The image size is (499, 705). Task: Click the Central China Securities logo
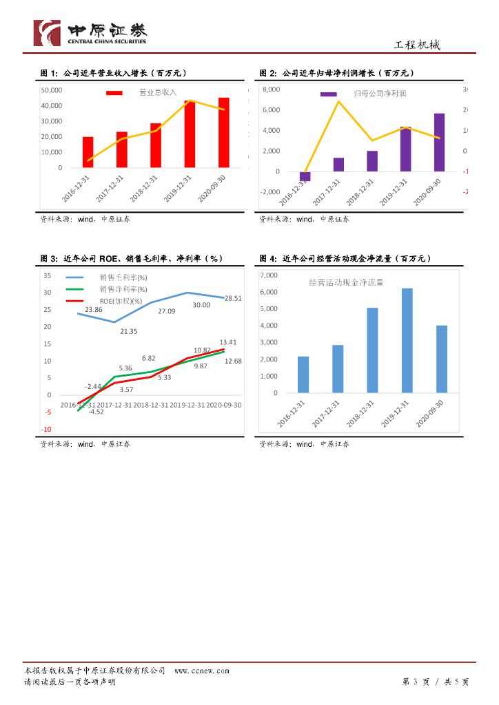(x=90, y=32)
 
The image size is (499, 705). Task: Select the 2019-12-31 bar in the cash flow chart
(x=407, y=341)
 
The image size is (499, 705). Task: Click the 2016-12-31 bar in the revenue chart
(x=88, y=152)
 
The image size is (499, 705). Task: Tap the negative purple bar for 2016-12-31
(x=305, y=176)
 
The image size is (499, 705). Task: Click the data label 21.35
(x=129, y=331)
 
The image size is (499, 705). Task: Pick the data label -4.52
(x=96, y=411)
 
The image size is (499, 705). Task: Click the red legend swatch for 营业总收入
(x=114, y=92)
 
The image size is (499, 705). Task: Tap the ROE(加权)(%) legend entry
(x=121, y=301)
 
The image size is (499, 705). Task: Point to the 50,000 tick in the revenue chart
(x=52, y=90)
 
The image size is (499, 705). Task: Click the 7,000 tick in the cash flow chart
(x=267, y=275)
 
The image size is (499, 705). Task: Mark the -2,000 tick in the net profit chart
(x=269, y=192)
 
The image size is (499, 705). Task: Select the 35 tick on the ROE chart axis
(x=48, y=275)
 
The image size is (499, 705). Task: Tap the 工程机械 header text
(x=416, y=45)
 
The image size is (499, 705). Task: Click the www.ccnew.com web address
(x=201, y=671)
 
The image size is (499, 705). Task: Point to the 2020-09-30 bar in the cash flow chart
(x=442, y=359)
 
